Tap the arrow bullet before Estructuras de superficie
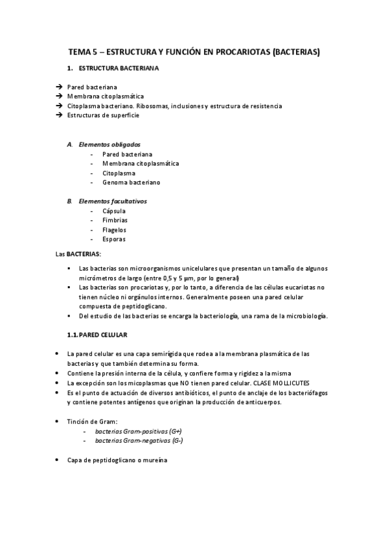click(x=59, y=115)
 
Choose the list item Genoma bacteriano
click(x=131, y=183)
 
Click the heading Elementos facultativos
click(x=112, y=201)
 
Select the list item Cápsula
click(x=114, y=211)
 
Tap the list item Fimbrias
click(x=115, y=220)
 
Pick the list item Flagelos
click(x=115, y=230)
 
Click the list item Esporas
click(x=114, y=239)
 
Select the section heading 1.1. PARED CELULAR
click(x=97, y=335)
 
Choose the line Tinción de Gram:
click(x=93, y=421)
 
